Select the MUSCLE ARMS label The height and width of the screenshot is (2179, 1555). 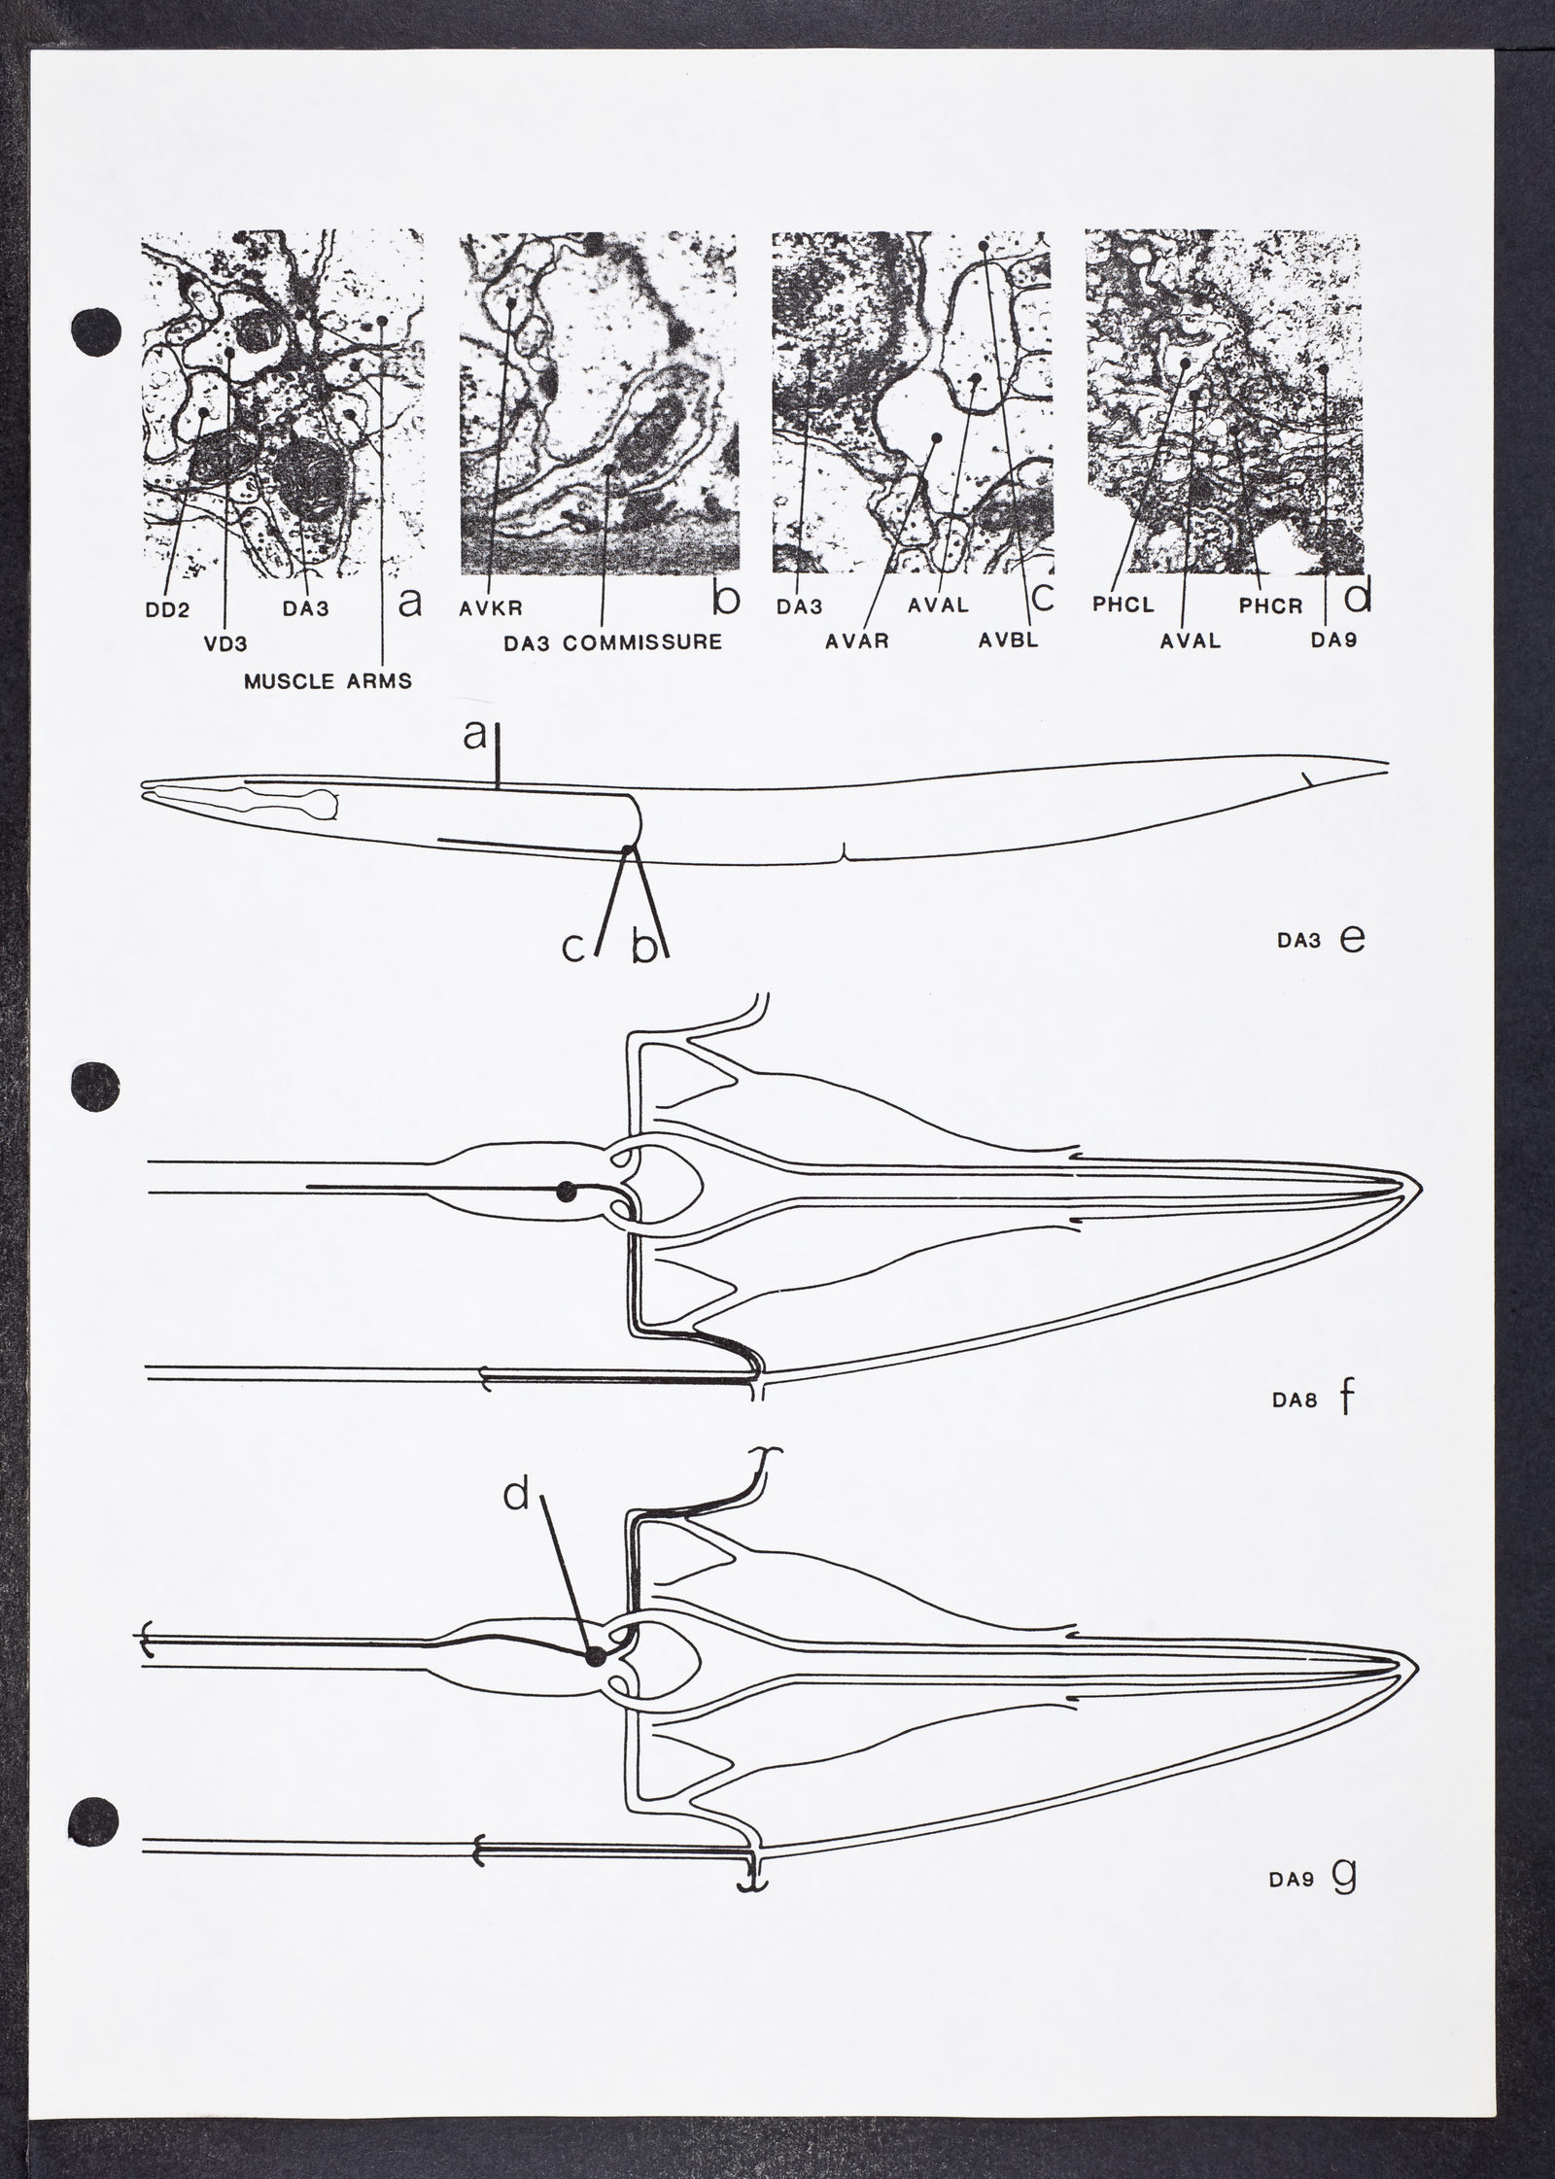click(x=328, y=680)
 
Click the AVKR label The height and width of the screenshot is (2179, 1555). click(x=492, y=608)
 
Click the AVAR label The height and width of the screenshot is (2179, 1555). click(x=859, y=641)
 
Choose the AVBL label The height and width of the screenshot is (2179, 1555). click(x=1008, y=641)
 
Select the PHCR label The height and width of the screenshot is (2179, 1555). click(x=1270, y=607)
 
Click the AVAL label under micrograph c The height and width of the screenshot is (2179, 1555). click(x=938, y=605)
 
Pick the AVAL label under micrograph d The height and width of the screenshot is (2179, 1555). click(x=1191, y=641)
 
